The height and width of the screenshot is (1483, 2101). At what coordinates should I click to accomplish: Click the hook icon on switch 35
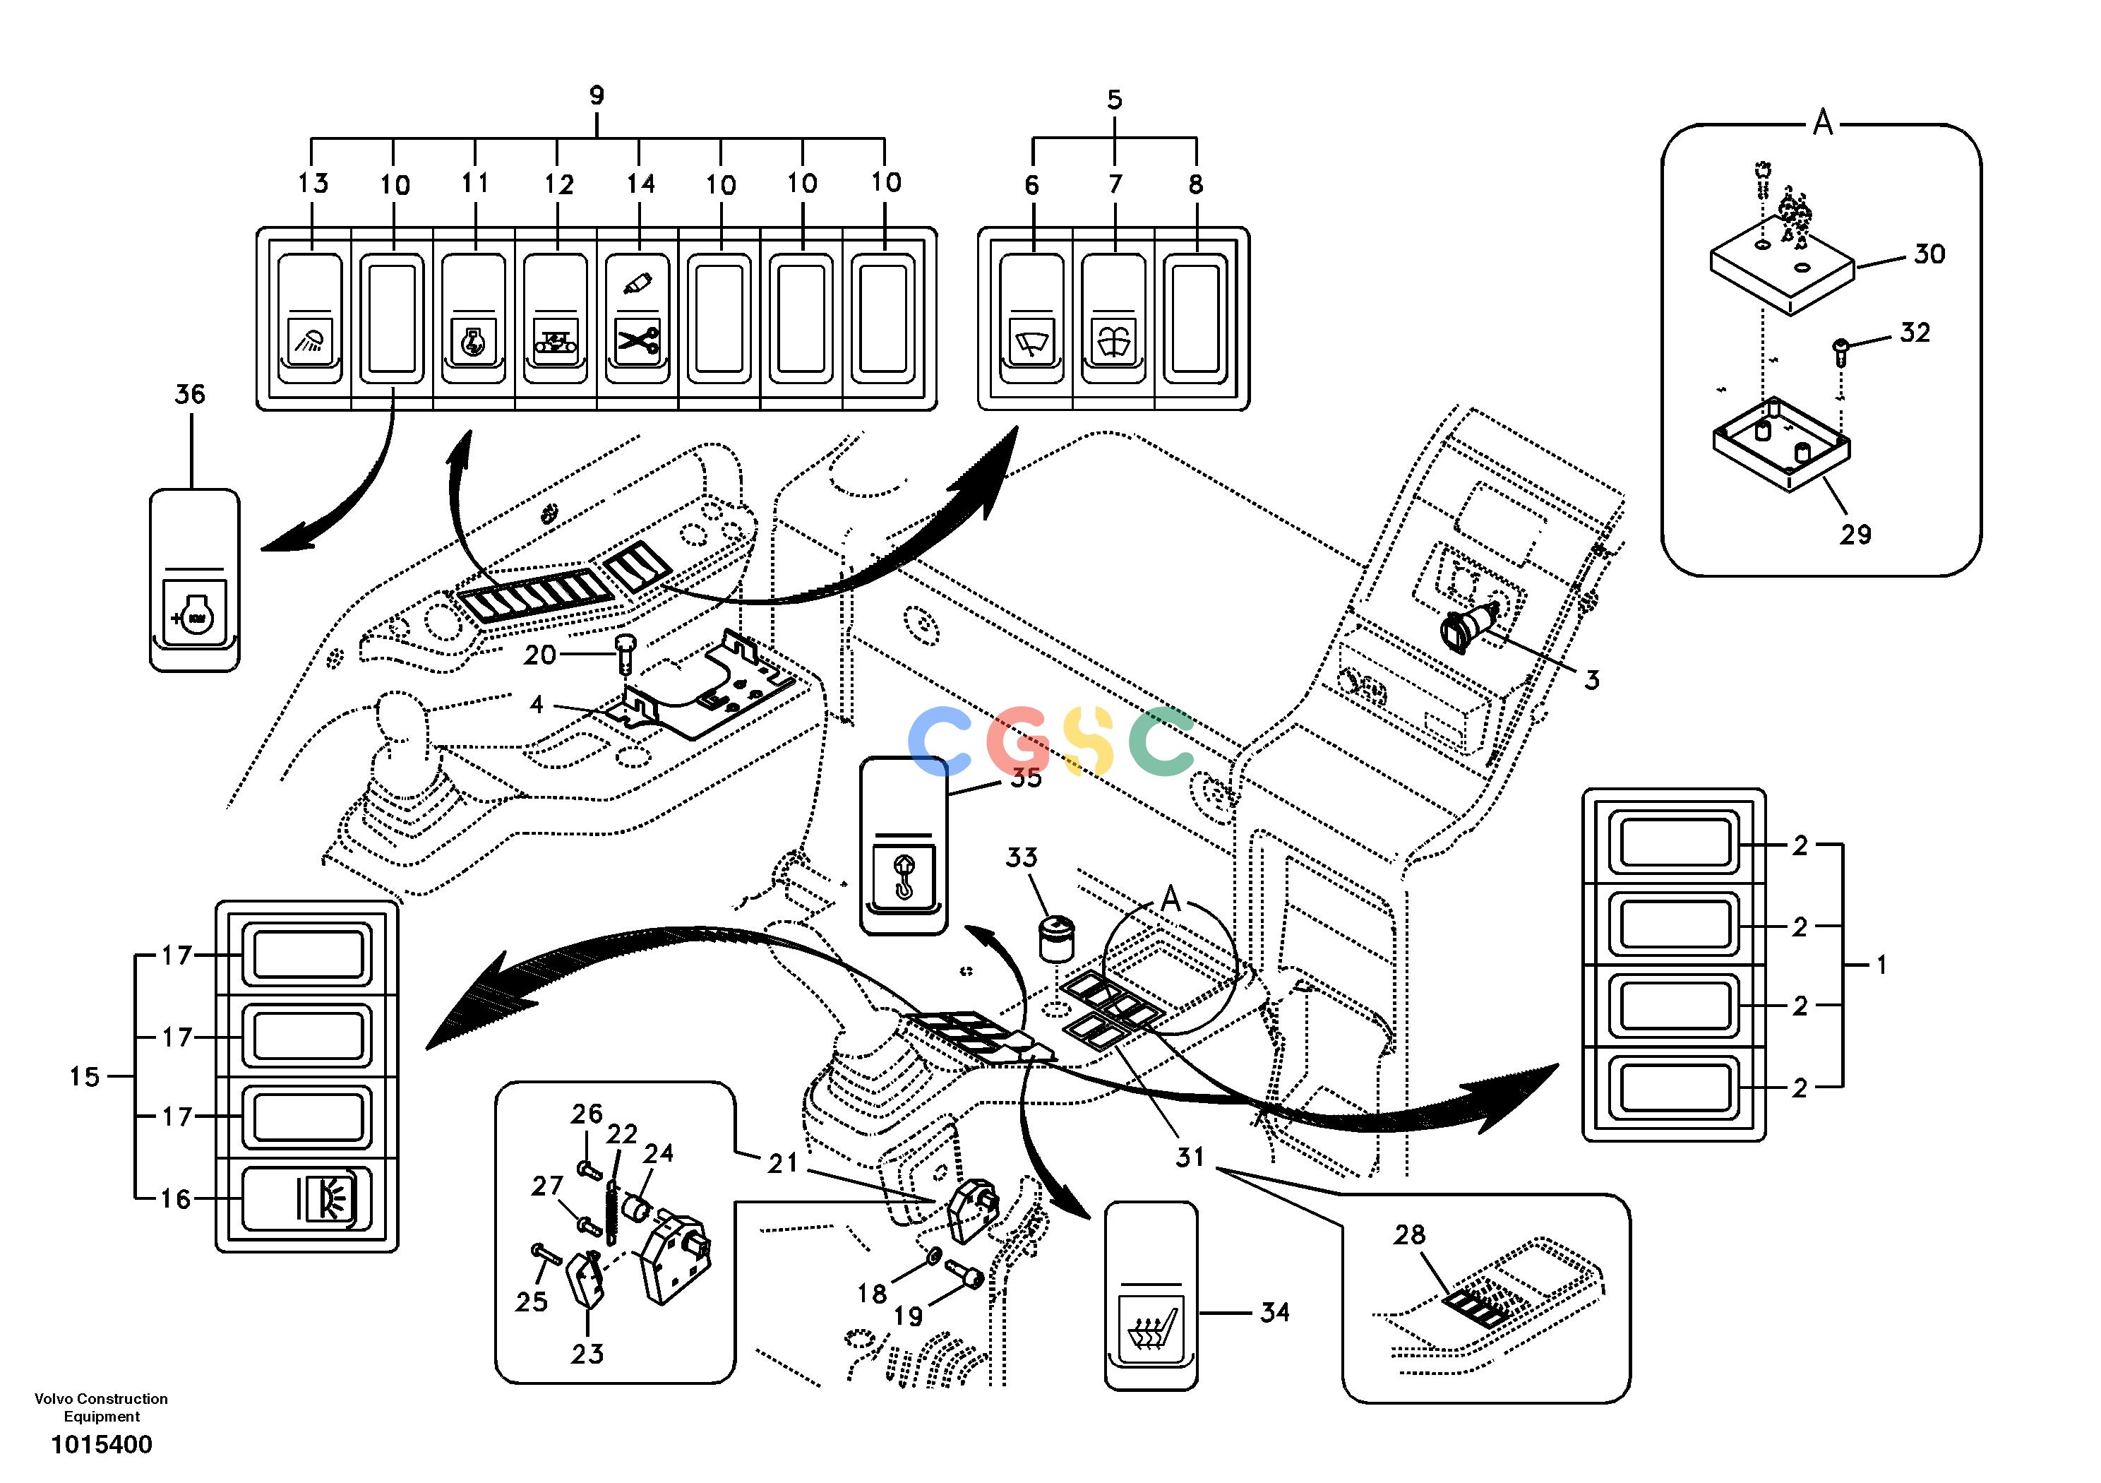tap(902, 874)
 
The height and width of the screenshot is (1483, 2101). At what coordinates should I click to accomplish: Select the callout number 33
tap(1022, 858)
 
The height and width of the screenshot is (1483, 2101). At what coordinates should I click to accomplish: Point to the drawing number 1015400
tap(102, 1445)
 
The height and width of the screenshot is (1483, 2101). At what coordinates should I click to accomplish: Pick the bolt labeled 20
tap(626, 652)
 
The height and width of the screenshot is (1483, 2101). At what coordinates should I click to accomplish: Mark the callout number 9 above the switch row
tap(597, 95)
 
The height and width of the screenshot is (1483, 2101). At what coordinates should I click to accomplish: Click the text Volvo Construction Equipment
tap(102, 1407)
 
